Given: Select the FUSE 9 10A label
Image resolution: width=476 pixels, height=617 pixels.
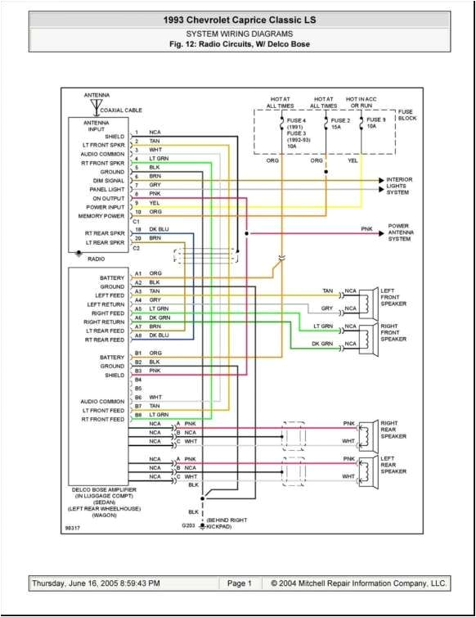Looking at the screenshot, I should click(375, 124).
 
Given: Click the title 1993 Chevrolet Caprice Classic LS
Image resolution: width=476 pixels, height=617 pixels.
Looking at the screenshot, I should click(237, 18).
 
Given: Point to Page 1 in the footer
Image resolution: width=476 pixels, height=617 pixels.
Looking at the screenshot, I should click(239, 583).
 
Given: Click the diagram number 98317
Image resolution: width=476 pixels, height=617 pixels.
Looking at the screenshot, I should click(74, 528).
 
